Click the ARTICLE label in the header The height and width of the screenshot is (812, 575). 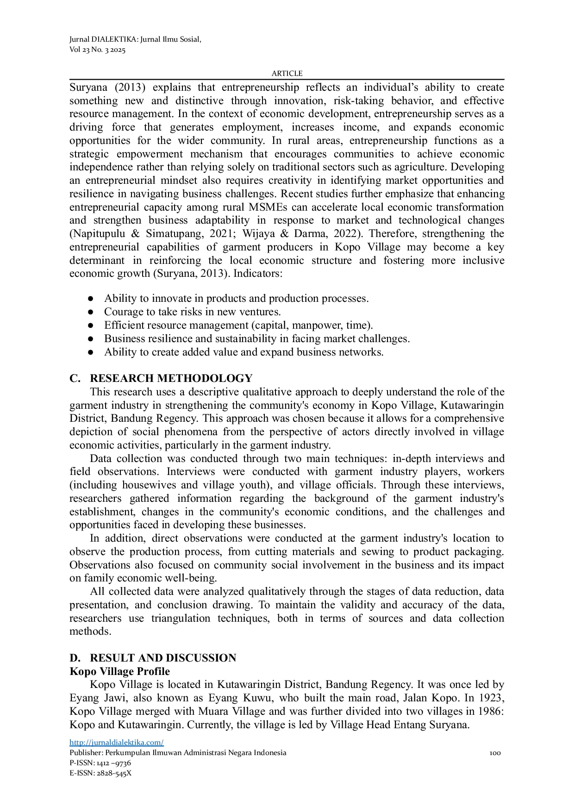287,73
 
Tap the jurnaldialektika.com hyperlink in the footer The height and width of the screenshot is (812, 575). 116,742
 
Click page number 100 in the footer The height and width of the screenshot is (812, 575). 495,753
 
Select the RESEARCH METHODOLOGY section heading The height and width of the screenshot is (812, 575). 171,378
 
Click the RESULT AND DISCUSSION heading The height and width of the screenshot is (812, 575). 162,658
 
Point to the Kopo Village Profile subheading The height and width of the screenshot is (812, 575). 119,671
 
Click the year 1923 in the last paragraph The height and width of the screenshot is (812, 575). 491,698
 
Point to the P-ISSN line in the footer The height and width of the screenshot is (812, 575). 100,763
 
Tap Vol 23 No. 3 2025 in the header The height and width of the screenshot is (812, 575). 97,50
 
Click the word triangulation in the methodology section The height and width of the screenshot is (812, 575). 181,618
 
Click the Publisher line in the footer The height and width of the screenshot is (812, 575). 178,753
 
